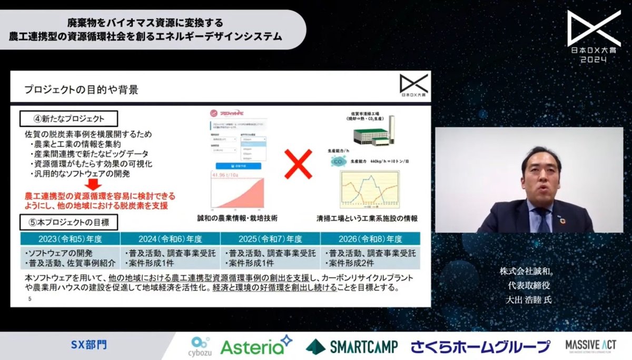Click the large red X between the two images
point(298,164)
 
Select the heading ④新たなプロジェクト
point(68,117)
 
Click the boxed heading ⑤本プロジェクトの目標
point(68,222)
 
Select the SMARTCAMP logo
point(355,346)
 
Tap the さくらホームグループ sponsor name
point(480,346)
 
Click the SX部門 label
point(88,345)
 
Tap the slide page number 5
point(30,298)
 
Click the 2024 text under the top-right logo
point(592,60)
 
